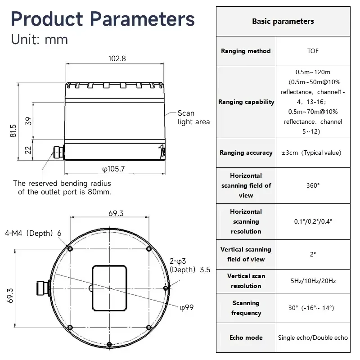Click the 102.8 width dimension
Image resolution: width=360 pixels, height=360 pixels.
point(117,58)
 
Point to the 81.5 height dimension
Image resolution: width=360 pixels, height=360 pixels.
point(13,131)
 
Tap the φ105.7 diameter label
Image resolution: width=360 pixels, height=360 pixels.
point(113,169)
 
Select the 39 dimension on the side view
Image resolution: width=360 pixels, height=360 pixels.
point(28,121)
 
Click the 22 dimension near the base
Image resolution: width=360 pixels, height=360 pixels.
point(28,150)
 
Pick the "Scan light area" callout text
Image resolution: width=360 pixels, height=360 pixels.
point(194,117)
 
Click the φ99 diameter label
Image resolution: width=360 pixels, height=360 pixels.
point(187,307)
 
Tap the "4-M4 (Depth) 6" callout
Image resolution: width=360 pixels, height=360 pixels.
point(33,233)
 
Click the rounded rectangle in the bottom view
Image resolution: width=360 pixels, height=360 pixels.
point(109,288)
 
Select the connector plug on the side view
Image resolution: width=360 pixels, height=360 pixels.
point(58,152)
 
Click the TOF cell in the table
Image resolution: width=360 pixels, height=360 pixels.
point(313,51)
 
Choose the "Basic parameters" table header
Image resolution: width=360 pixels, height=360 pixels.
point(283,21)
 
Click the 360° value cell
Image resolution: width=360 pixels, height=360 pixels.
point(313,185)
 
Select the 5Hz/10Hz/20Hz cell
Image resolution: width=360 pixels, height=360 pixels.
point(313,281)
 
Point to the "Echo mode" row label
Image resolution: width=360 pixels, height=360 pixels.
point(246,337)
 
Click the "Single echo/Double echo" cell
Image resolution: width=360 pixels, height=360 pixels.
point(313,338)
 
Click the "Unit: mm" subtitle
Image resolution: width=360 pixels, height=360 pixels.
point(40,39)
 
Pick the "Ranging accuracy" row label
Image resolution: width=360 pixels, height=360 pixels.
point(246,153)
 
